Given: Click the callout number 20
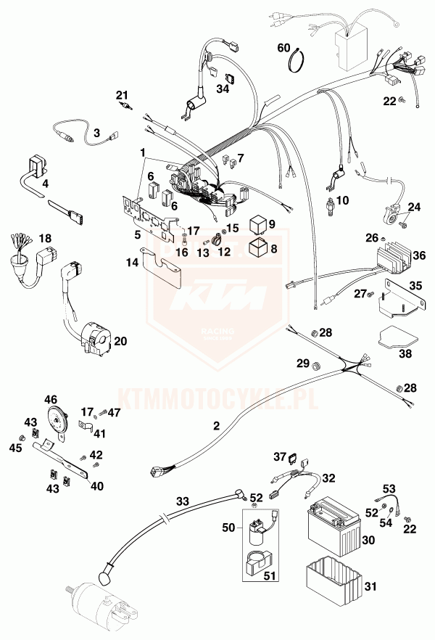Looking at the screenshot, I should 120,340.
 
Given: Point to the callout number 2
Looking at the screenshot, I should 215,427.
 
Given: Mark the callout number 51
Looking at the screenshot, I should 270,578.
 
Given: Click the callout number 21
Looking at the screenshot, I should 121,94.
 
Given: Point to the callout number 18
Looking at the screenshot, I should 46,238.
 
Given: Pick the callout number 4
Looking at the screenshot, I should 45,184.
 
